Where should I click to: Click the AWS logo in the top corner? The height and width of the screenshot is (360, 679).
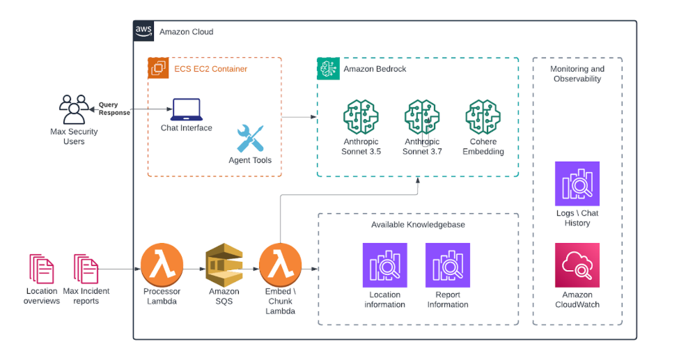144,31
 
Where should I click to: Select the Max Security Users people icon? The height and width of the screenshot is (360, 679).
73,109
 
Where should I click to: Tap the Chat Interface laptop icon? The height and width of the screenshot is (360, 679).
186,109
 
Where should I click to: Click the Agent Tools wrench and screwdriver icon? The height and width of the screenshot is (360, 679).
250,139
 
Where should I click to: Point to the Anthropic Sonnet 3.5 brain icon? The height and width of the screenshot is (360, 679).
360,117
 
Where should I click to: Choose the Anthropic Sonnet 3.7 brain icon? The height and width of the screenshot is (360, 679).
422,117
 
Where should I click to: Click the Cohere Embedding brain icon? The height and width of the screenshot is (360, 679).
483,117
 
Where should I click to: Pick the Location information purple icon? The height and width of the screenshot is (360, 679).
384,265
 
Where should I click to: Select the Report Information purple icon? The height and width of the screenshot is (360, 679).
447,265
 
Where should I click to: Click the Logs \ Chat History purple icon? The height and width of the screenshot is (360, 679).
577,184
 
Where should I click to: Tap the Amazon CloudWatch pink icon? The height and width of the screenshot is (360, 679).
577,265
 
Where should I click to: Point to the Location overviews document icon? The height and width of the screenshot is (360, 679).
42,269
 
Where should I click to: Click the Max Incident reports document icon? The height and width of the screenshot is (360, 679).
86,269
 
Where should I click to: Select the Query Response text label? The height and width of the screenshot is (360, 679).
114,109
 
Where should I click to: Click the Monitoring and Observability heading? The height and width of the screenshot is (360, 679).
577,74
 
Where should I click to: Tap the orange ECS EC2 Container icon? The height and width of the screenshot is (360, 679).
158,68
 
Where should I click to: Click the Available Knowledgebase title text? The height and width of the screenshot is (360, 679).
418,224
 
